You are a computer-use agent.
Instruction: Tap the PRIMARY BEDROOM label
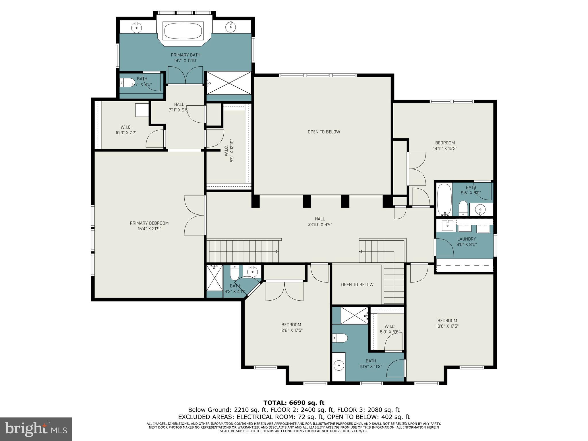pyautogui.click(x=149, y=223)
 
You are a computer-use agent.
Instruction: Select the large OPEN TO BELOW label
pyautogui.click(x=324, y=132)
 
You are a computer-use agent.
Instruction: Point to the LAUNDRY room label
pyautogui.click(x=466, y=239)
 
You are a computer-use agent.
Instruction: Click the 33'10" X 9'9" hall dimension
pyautogui.click(x=320, y=225)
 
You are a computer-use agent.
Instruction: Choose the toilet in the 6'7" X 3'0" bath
pyautogui.click(x=127, y=83)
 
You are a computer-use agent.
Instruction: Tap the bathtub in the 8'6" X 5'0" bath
pyautogui.click(x=444, y=200)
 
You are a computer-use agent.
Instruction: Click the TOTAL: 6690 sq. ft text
pyautogui.click(x=294, y=403)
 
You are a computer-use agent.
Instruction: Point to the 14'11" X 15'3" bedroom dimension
pyautogui.click(x=445, y=148)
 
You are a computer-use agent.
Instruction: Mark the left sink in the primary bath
pyautogui.click(x=137, y=28)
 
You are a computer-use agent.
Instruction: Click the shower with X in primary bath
pyautogui.click(x=229, y=83)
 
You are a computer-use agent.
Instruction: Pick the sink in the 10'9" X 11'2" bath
pyautogui.click(x=339, y=365)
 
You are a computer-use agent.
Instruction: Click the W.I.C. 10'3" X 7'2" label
pyautogui.click(x=126, y=130)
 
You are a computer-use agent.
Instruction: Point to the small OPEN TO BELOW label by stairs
pyautogui.click(x=357, y=285)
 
